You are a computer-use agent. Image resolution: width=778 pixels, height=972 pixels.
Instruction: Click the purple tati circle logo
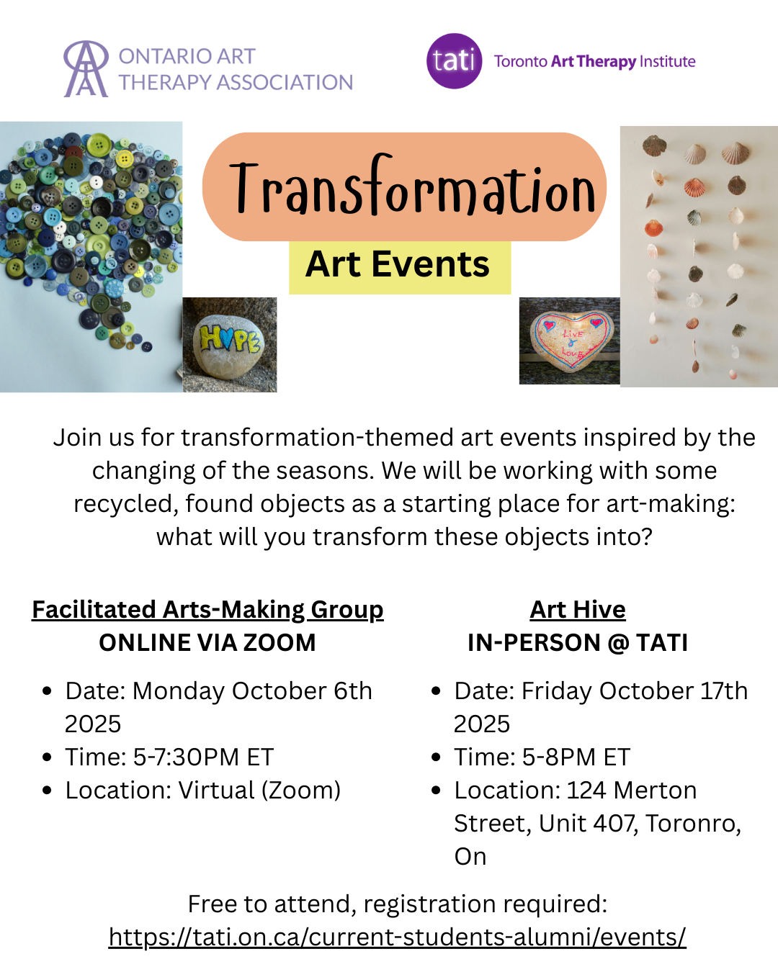(x=454, y=61)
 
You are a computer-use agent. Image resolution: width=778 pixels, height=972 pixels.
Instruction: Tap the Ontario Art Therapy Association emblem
(x=86, y=68)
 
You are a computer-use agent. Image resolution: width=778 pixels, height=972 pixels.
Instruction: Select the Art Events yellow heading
(x=398, y=264)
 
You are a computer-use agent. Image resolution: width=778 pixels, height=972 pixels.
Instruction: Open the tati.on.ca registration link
(x=398, y=937)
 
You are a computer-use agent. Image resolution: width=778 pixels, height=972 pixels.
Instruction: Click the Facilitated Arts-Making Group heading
(x=207, y=610)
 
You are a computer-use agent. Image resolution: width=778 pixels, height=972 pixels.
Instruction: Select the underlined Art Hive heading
(x=578, y=610)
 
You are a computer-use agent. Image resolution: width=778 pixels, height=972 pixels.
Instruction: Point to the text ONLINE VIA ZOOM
(x=207, y=643)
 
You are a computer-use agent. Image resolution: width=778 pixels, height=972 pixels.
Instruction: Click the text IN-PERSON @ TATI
(x=578, y=643)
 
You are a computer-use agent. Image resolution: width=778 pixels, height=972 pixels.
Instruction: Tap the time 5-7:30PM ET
(x=203, y=757)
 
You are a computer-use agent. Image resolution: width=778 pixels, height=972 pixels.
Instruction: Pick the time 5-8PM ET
(x=576, y=757)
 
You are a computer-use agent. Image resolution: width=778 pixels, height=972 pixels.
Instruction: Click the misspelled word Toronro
(x=693, y=824)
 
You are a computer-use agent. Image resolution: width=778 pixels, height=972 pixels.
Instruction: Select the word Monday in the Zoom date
(x=179, y=691)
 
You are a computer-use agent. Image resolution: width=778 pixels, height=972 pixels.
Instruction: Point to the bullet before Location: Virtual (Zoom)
(x=47, y=791)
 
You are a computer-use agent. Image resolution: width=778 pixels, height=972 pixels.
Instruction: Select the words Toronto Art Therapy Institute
(x=594, y=61)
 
